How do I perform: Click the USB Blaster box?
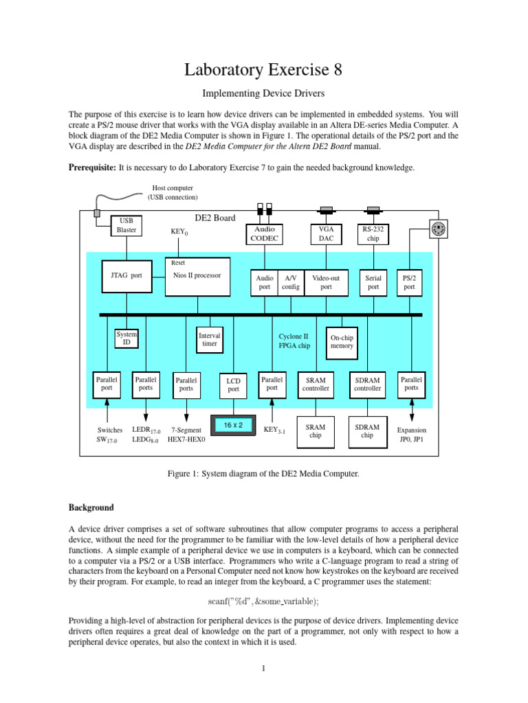click(127, 225)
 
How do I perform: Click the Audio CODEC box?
click(265, 233)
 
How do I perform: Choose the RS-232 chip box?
click(373, 233)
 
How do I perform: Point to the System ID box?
click(126, 338)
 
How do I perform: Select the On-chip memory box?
click(342, 342)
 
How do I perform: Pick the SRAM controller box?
click(316, 384)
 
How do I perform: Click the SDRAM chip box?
click(367, 431)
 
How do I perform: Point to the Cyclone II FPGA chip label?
click(294, 341)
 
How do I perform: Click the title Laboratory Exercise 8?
click(263, 70)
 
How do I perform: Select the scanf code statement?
click(263, 601)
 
